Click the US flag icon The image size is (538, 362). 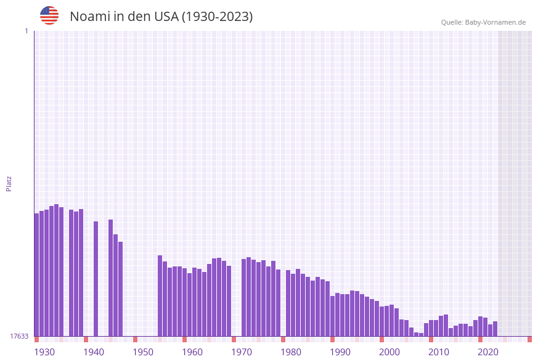[49, 15]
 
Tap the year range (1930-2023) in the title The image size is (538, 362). [217, 17]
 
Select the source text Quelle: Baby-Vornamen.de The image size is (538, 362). [483, 22]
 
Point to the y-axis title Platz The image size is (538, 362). [9, 183]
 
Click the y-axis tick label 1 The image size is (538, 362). [26, 31]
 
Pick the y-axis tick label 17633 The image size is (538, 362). [19, 336]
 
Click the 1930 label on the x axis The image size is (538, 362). [44, 352]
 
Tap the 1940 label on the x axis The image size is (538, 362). [94, 352]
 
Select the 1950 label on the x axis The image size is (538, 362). [143, 352]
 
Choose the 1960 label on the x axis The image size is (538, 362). [192, 352]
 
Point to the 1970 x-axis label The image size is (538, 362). [242, 352]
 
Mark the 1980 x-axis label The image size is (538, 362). [291, 352]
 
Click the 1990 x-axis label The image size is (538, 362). [340, 352]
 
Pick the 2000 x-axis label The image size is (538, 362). [389, 352]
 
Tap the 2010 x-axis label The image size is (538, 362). [439, 352]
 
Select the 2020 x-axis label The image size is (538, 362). [488, 352]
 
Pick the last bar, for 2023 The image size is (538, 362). [495, 329]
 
